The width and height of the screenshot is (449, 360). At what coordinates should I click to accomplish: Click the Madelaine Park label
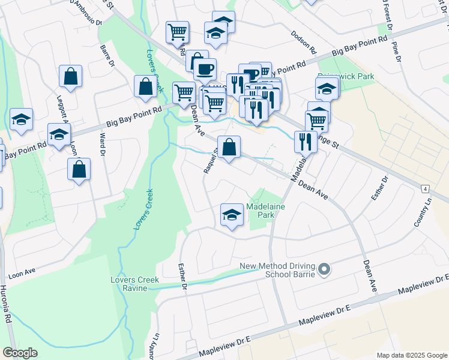coord(266,211)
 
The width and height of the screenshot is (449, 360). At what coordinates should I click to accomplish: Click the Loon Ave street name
coord(22,273)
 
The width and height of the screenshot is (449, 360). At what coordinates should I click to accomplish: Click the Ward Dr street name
coord(102,146)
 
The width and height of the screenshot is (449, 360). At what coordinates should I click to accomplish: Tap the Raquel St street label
coord(209,162)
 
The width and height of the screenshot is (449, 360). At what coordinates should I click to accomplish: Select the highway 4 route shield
coord(425,188)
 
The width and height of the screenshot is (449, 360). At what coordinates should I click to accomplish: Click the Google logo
coord(20,353)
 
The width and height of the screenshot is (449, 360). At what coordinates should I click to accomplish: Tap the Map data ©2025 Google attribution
coord(411,355)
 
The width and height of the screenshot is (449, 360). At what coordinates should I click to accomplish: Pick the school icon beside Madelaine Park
coord(232,215)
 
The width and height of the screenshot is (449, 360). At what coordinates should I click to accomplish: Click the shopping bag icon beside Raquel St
coord(229,147)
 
